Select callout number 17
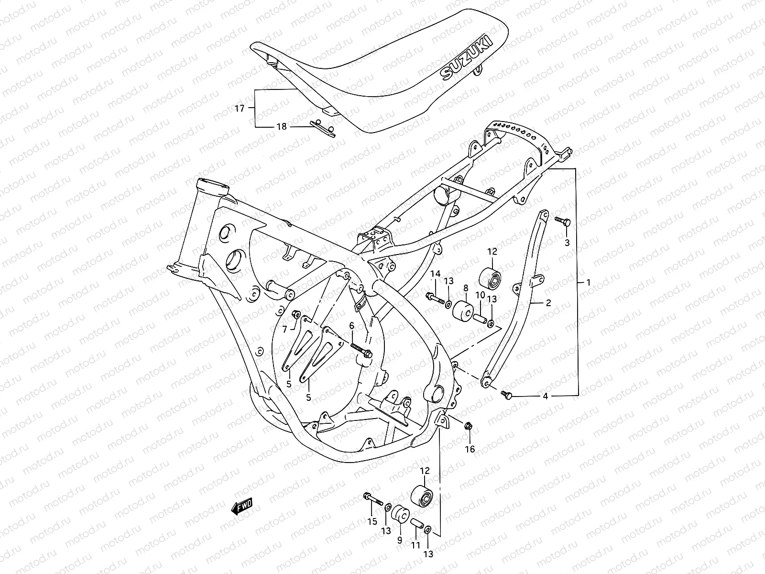pyautogui.click(x=253, y=109)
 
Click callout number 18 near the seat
pyautogui.click(x=282, y=127)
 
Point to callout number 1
pyautogui.click(x=588, y=282)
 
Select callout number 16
pyautogui.click(x=470, y=450)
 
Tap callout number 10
pyautogui.click(x=480, y=295)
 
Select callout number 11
pyautogui.click(x=415, y=545)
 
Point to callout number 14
pyautogui.click(x=435, y=274)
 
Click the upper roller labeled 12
pyautogui.click(x=492, y=277)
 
